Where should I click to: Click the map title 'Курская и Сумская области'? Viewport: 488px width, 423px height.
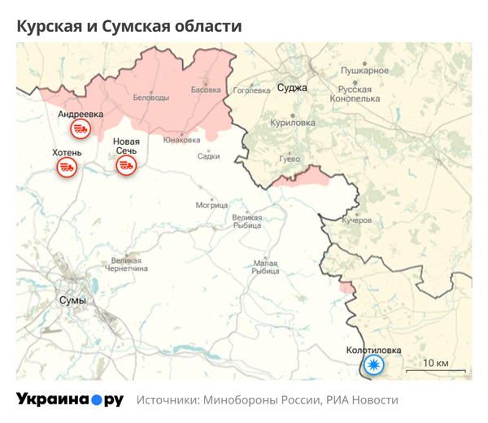coord(129,26)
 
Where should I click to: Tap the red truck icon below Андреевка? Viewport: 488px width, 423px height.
coord(81,129)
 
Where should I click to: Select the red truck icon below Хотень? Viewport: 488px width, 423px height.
coord(67,168)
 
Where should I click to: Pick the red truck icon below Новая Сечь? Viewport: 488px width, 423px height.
coord(126,166)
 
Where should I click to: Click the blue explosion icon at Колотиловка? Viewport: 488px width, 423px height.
coord(373,365)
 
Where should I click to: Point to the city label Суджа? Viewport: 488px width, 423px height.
coord(291,87)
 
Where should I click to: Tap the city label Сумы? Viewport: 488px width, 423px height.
coord(72,300)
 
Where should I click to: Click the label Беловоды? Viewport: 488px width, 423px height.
coord(151,97)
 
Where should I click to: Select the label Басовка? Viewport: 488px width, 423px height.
coord(206,89)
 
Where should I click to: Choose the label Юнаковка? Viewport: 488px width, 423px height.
coord(181,140)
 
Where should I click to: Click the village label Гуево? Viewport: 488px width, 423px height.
coord(290,158)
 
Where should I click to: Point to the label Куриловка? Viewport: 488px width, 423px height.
coord(292,122)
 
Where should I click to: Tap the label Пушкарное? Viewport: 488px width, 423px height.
coord(364,71)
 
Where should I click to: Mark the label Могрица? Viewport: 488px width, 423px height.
coord(211,205)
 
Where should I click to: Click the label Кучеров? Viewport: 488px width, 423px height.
coord(356,220)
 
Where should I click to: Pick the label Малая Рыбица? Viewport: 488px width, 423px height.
coord(265,267)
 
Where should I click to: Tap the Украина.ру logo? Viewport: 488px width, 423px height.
coord(70,399)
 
